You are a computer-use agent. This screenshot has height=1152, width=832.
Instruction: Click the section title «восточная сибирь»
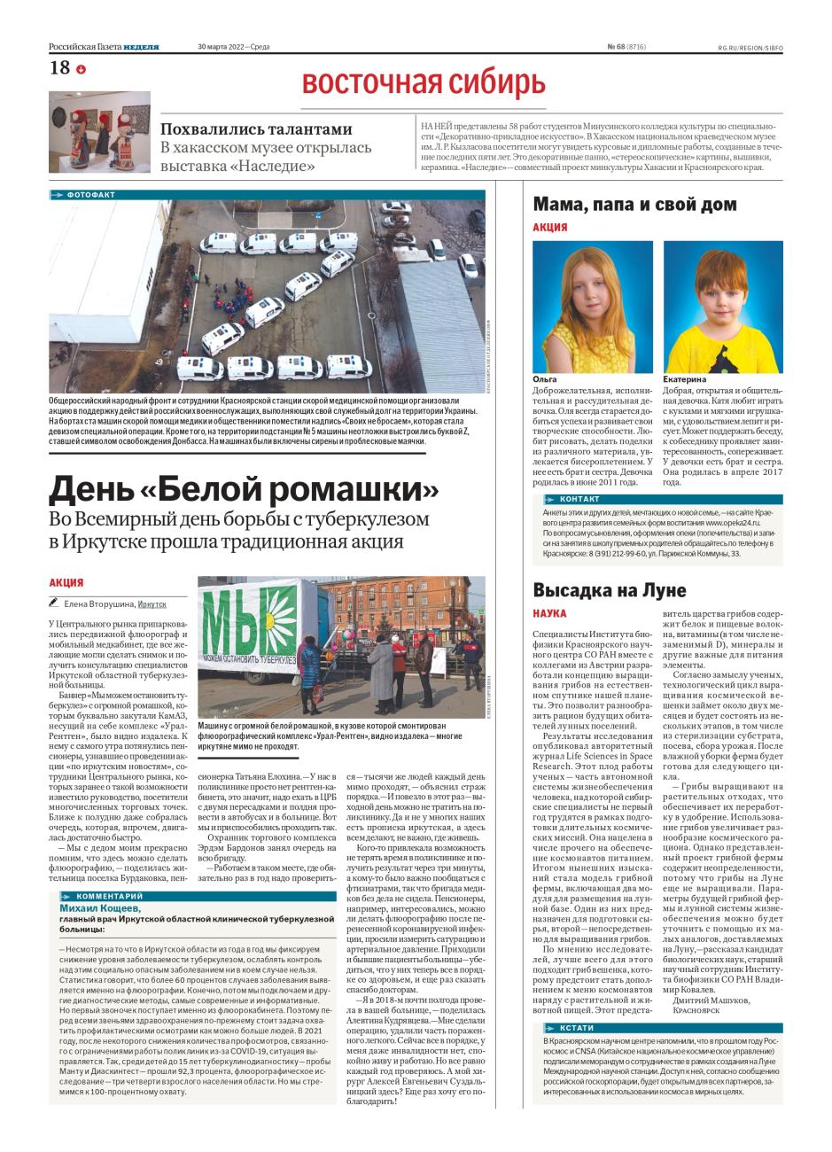424,82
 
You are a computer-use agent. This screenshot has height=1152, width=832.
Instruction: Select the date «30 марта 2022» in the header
222,47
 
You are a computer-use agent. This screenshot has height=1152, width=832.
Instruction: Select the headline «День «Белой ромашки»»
245,488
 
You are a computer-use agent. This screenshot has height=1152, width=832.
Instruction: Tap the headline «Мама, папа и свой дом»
634,205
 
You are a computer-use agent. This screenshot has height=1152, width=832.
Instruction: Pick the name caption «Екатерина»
684,378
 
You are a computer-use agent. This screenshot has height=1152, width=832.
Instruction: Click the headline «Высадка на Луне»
610,590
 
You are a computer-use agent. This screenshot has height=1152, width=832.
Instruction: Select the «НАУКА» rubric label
549,613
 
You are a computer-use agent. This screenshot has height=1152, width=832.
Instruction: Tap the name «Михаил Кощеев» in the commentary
100,908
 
